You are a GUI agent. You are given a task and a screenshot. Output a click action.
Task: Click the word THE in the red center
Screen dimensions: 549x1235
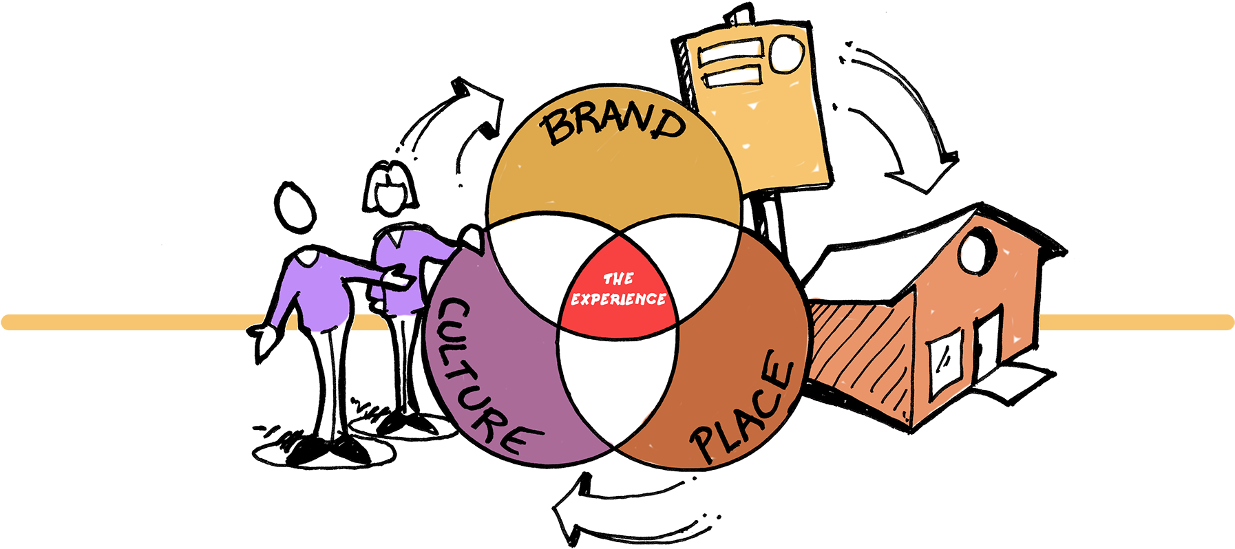pos(618,279)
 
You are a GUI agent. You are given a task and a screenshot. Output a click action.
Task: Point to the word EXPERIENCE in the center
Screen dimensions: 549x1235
pos(618,299)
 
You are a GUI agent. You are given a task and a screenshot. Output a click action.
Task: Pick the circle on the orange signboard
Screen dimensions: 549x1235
pos(785,54)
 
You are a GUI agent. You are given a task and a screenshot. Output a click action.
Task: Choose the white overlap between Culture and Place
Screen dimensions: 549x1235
pos(617,385)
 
